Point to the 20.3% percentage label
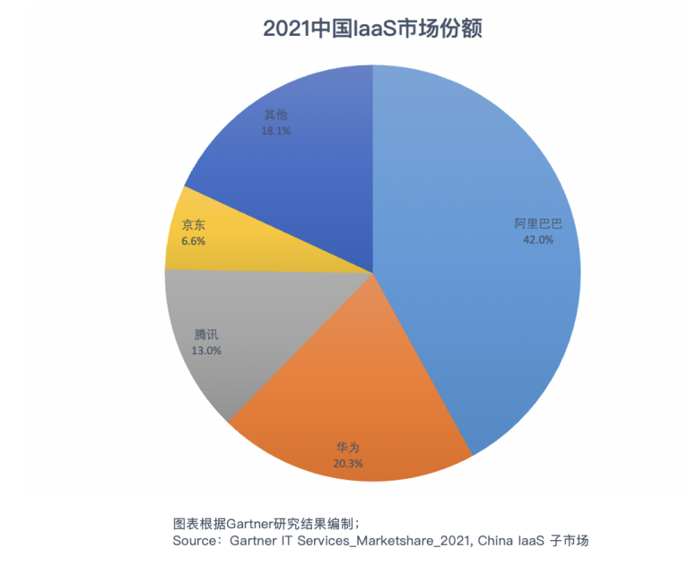click(347, 464)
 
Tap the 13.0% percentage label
click(206, 351)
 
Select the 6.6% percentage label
click(194, 241)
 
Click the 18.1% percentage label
click(275, 130)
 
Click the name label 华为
click(347, 448)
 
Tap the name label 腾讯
click(206, 335)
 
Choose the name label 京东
click(193, 224)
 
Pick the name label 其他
click(275, 115)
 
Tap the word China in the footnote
click(496, 542)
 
